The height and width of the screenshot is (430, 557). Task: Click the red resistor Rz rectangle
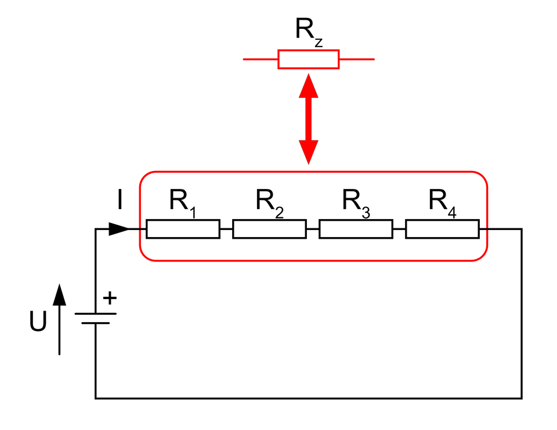(308, 59)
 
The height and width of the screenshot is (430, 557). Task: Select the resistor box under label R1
(183, 229)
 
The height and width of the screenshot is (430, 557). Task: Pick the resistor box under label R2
(269, 229)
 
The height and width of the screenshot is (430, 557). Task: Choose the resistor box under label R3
(356, 229)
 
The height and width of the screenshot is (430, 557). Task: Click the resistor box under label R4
(442, 229)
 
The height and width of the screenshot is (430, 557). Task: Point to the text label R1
(182, 202)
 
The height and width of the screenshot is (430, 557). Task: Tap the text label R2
(269, 202)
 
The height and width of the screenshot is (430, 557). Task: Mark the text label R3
(356, 202)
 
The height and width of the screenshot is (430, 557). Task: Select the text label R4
(442, 202)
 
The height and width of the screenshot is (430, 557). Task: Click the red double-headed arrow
(309, 119)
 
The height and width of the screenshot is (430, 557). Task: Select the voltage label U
(38, 323)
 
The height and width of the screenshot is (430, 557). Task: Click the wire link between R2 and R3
(313, 229)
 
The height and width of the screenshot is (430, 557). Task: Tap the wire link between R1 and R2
(226, 229)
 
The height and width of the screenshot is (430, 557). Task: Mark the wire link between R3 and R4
(399, 229)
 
